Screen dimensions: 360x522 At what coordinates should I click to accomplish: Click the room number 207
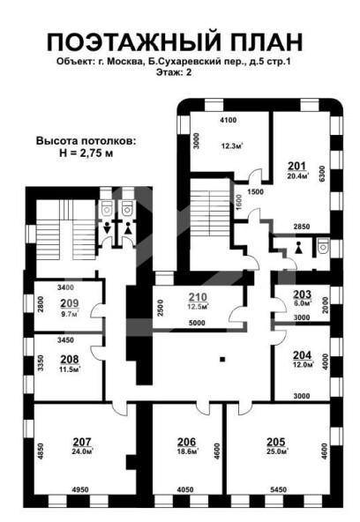coord(82,442)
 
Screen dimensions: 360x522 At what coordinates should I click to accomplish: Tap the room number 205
coord(276,442)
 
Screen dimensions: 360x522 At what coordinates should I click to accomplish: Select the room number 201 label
coord(296,166)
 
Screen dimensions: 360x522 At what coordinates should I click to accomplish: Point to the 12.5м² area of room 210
coord(199,306)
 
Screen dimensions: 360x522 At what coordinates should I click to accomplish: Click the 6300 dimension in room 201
coord(322,174)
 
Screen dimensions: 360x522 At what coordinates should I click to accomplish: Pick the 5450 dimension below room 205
coord(278,489)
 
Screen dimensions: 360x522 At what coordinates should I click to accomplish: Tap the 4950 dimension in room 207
coord(80,489)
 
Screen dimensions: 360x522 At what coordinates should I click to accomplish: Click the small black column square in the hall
coord(222,359)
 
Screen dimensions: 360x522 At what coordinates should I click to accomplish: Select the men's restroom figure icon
coord(107,229)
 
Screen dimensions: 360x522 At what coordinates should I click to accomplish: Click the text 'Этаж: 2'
coord(174,72)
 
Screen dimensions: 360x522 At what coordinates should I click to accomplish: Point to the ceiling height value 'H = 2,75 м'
coord(86,153)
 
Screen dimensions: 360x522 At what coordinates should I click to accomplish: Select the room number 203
coord(302,294)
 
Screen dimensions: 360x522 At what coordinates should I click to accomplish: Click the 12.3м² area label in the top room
coord(232,145)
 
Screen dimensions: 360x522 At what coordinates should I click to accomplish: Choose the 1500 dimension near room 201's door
coord(255,191)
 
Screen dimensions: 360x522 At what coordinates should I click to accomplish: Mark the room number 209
coord(70,303)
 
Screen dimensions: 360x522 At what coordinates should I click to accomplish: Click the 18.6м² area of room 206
coord(188,451)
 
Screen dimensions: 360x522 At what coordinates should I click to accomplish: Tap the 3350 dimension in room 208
coord(41,363)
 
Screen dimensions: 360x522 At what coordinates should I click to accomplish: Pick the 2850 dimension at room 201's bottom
coord(302,227)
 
